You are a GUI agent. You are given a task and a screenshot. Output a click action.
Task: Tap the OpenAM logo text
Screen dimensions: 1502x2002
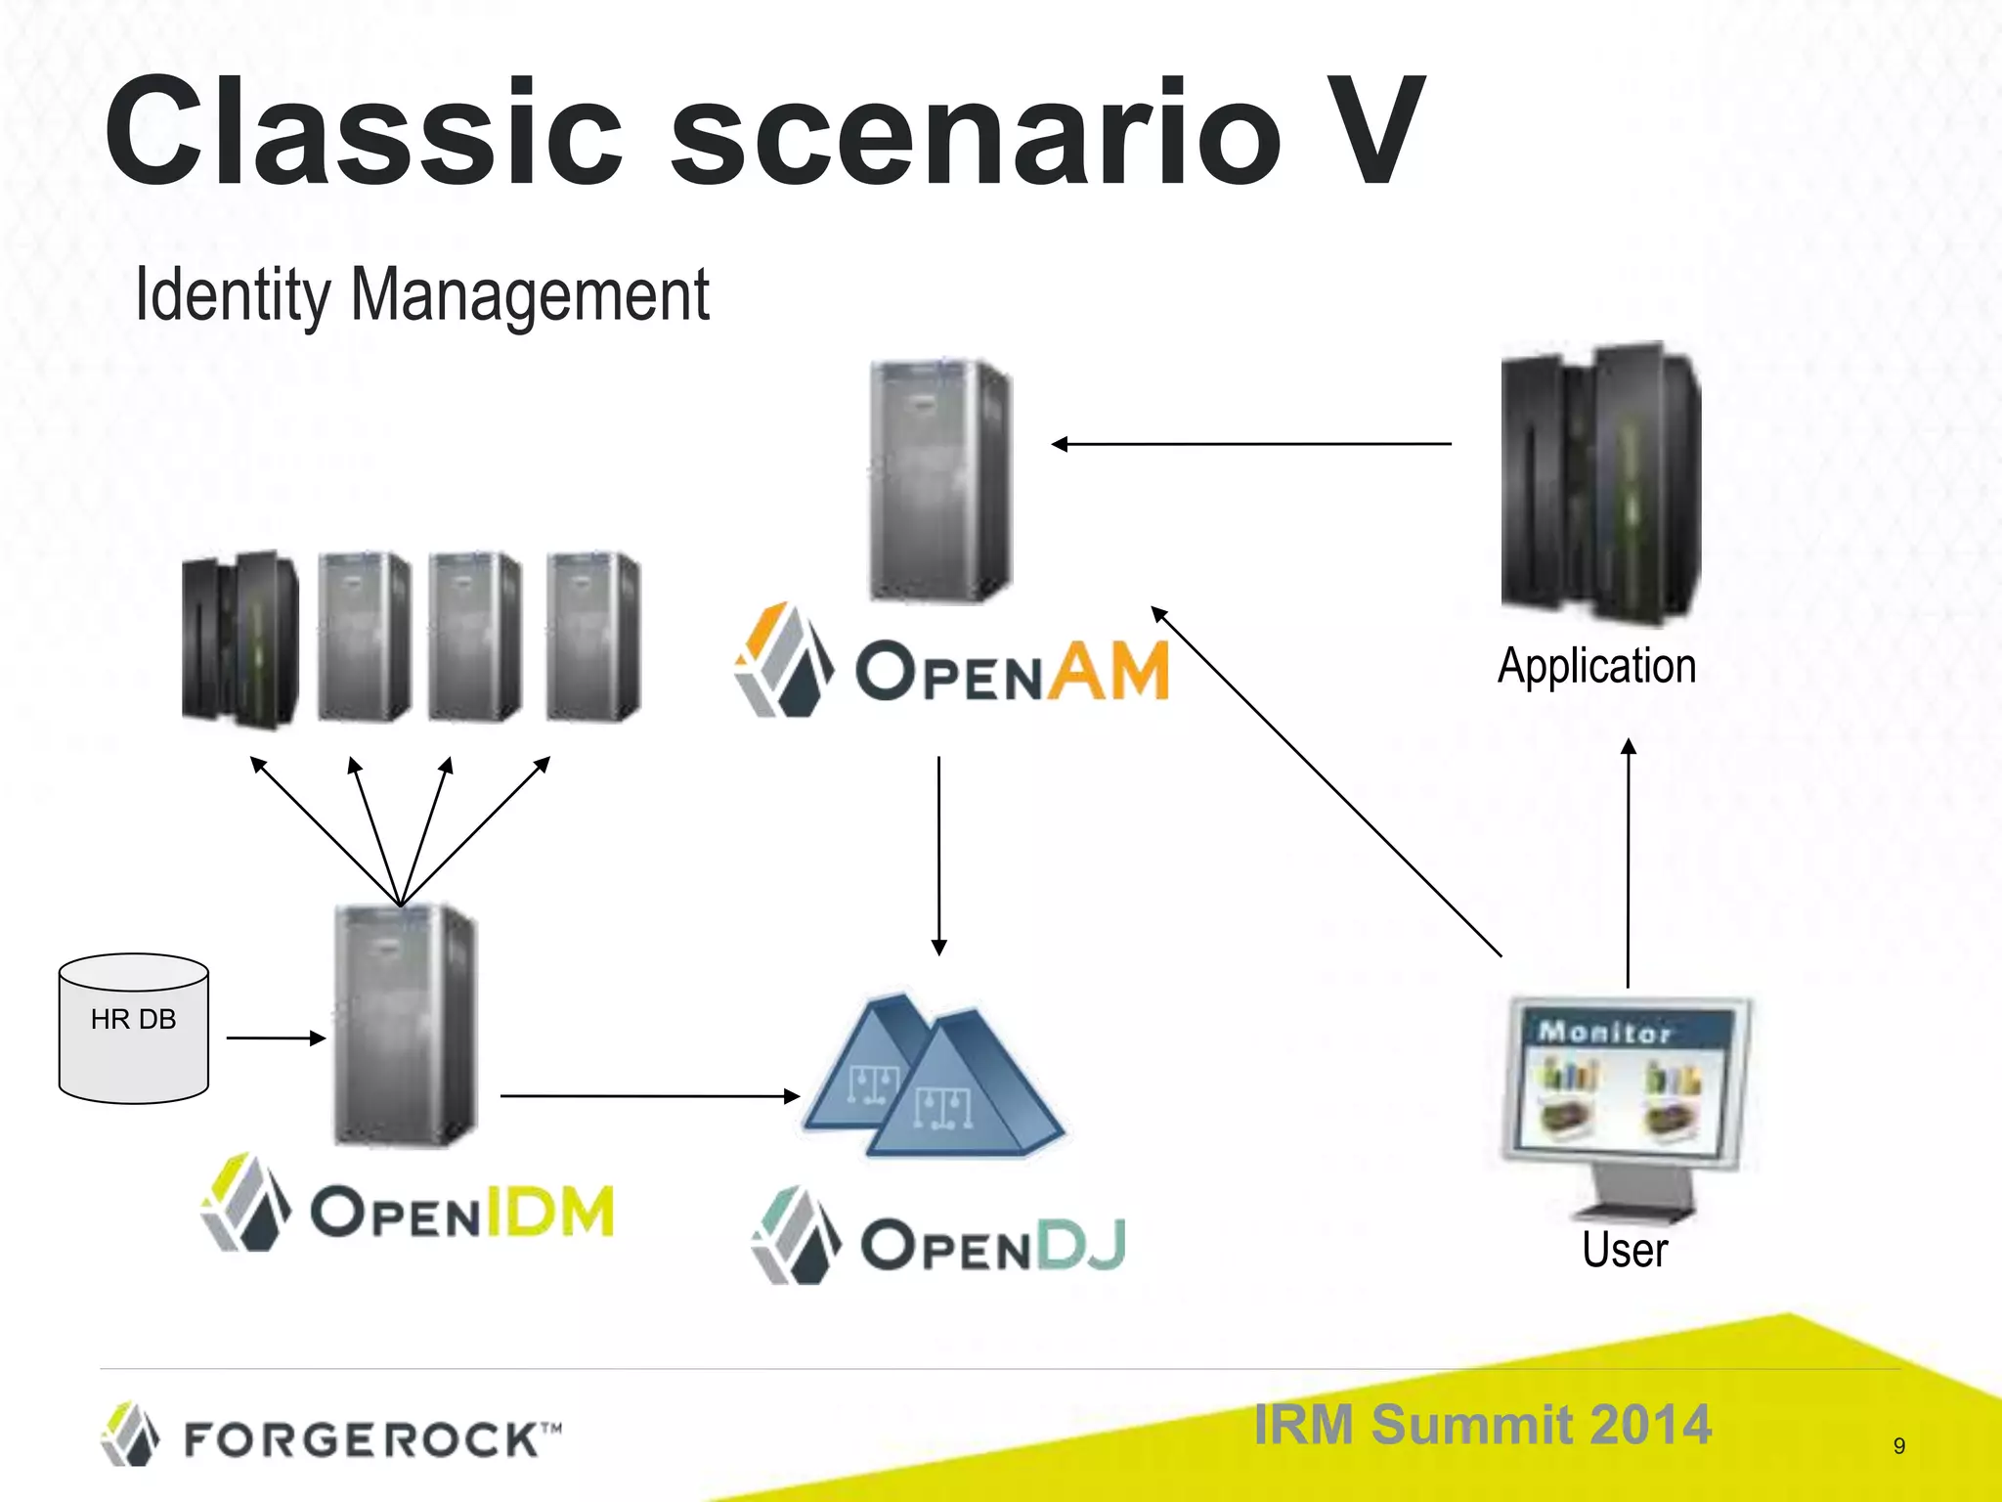coord(1012,672)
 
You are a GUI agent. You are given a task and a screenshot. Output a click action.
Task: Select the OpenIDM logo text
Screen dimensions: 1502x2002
coord(461,1212)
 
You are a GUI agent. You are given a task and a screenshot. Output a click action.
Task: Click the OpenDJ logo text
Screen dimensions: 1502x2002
coord(992,1245)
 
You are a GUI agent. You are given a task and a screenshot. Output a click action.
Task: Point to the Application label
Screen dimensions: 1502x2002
coord(1596,666)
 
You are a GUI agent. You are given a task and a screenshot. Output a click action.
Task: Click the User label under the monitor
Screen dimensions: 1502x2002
coord(1625,1250)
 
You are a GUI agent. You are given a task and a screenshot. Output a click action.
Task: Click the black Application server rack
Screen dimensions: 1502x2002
coord(1601,483)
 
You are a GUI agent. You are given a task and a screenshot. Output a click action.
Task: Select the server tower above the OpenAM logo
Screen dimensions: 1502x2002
coord(940,481)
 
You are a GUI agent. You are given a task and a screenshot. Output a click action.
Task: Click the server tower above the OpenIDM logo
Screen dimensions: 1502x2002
coord(405,1025)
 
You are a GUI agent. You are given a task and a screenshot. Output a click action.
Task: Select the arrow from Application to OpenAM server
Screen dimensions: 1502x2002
coord(1251,444)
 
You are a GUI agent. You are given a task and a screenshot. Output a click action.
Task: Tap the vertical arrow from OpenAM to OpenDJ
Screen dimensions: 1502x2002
coord(938,855)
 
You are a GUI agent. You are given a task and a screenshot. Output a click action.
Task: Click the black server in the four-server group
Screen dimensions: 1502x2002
coord(240,639)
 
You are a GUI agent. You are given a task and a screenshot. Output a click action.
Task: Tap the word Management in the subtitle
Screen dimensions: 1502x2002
coord(529,294)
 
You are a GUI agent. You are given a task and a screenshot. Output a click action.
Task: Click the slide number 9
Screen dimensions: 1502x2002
coord(1898,1445)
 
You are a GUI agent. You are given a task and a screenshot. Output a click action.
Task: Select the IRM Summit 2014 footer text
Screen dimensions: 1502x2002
coord(1482,1424)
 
